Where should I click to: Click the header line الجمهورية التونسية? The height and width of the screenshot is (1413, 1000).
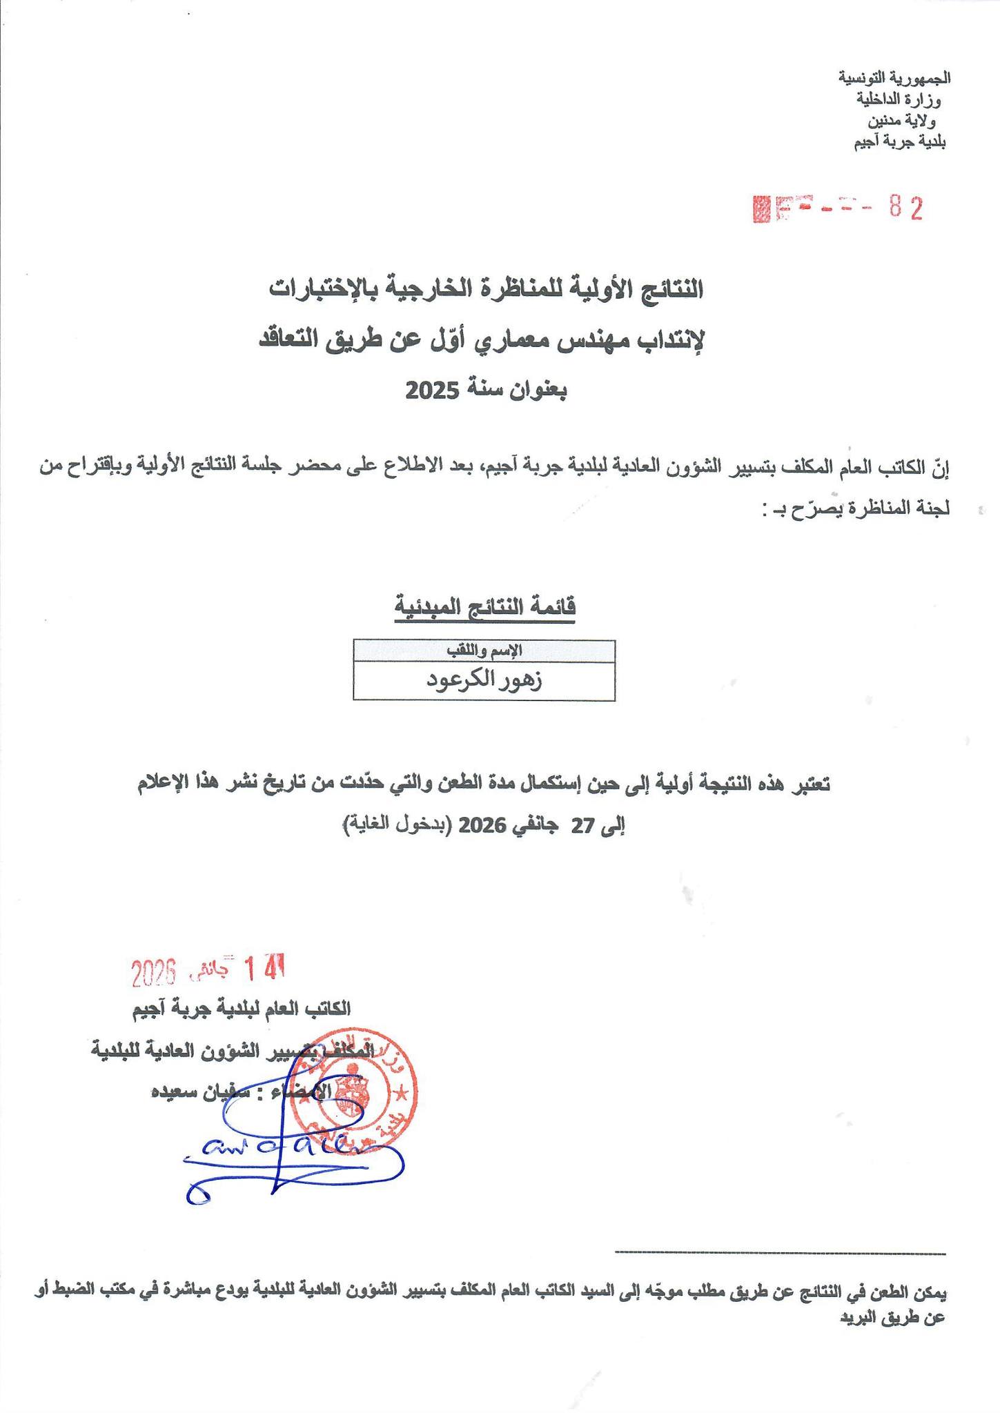pos(894,77)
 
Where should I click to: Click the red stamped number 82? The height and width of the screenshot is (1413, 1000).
pos(905,208)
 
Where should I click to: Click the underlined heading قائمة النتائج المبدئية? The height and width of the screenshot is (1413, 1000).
pos(485,607)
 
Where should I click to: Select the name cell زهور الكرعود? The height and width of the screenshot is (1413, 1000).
pos(484,680)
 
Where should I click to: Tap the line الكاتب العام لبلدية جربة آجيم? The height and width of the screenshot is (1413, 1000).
pos(242,1009)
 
